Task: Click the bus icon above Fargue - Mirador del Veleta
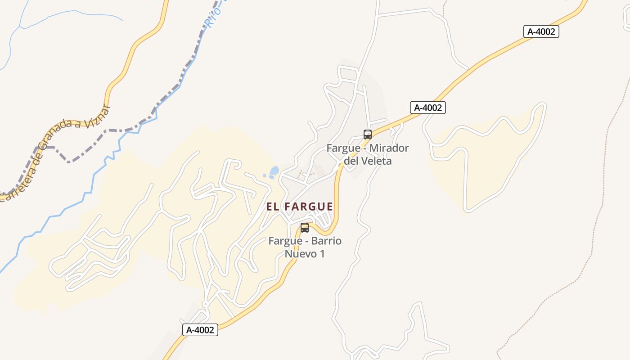(x=368, y=134)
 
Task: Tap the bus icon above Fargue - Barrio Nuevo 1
(x=305, y=227)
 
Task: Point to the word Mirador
(x=389, y=148)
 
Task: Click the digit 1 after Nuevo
(x=322, y=253)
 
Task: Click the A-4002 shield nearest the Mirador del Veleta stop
(x=428, y=108)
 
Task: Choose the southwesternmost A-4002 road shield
(x=200, y=330)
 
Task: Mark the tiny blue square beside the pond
(x=265, y=175)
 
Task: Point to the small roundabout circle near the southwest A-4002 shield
(x=206, y=305)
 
